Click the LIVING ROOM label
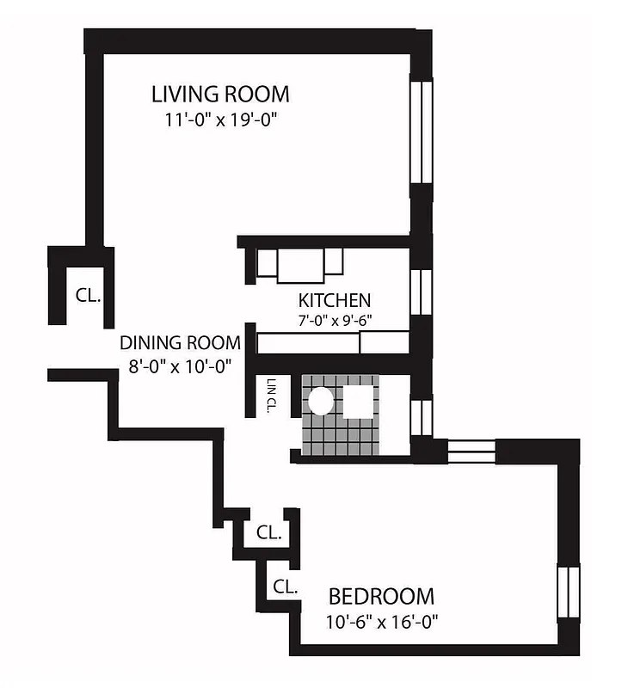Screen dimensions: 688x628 (220, 93)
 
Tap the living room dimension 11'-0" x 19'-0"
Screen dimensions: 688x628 (220, 120)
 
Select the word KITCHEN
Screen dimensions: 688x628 (335, 300)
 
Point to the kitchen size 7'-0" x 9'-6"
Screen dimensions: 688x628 (335, 321)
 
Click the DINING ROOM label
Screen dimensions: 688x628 (180, 342)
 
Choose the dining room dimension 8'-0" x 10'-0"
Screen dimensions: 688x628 (180, 365)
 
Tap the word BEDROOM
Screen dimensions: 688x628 (381, 595)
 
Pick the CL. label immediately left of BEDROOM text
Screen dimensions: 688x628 (285, 587)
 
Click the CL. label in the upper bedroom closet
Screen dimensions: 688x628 (268, 533)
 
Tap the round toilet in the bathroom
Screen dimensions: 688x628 (320, 400)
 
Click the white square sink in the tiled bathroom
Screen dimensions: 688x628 (358, 400)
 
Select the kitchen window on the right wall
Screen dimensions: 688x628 (420, 292)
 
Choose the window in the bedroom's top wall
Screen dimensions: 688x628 (472, 450)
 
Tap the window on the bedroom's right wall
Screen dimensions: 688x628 (567, 593)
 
